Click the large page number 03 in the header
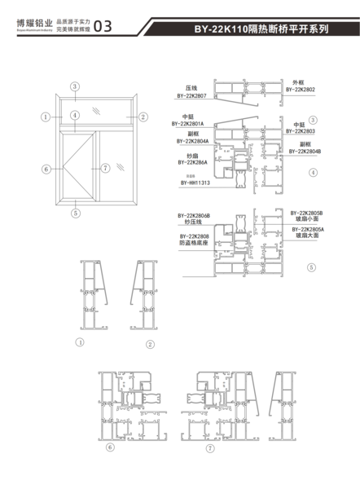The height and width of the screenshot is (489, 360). pos(104,26)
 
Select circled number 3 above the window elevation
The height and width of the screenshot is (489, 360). pos(74,86)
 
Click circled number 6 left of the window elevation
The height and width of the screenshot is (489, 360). pos(46,169)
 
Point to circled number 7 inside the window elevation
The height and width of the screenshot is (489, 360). pos(105,169)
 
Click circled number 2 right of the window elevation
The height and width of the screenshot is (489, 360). pos(143,117)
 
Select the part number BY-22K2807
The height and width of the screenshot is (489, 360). pos(192,95)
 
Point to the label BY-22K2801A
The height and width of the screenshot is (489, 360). pos(188,124)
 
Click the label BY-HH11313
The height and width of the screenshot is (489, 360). pos(195,183)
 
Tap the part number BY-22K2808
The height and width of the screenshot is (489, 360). pos(193,234)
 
